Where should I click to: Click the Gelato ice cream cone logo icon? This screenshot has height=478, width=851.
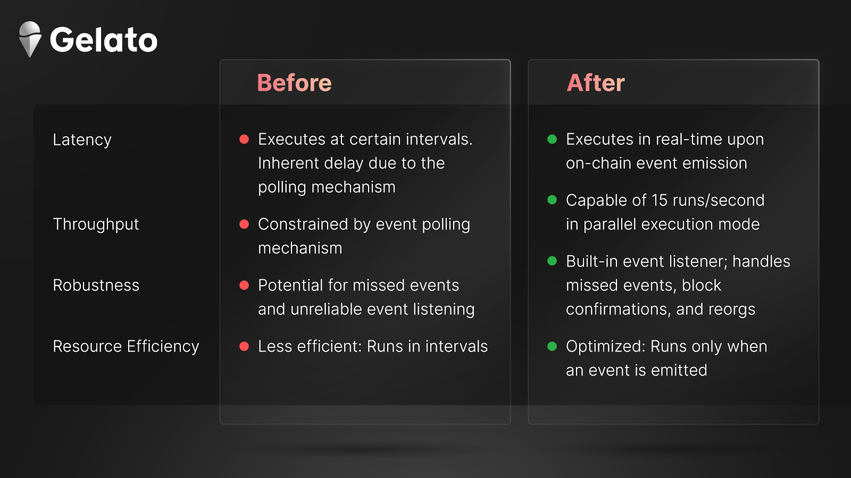(30, 39)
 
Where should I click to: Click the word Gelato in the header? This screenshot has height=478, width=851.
(103, 39)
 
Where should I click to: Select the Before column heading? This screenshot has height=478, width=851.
(294, 82)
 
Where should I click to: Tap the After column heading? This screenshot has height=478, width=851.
(595, 82)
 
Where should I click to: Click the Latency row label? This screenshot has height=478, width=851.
(82, 140)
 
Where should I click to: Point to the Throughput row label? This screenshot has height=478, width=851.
(96, 225)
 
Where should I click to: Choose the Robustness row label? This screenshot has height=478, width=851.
(96, 285)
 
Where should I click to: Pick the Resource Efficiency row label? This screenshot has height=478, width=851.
(126, 346)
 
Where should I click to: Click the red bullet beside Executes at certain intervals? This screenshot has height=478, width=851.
(244, 139)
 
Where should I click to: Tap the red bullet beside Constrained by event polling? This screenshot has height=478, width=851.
(244, 224)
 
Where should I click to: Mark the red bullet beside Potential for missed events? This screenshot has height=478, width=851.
(244, 285)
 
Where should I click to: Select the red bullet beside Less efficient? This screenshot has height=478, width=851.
(244, 346)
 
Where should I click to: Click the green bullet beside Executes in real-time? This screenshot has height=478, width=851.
(552, 139)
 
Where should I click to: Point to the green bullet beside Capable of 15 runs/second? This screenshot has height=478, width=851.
(552, 200)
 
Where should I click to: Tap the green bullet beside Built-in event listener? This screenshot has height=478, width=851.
(552, 261)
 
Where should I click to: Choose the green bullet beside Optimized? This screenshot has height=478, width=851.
(552, 346)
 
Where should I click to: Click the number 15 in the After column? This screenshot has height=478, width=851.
(659, 200)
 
